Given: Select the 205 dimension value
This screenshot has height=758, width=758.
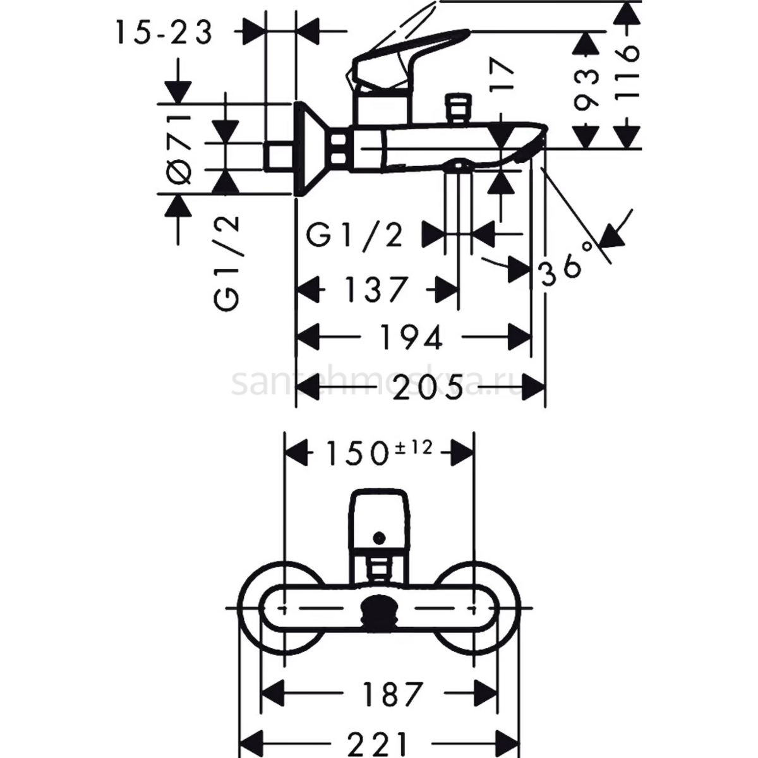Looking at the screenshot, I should pyautogui.click(x=428, y=388).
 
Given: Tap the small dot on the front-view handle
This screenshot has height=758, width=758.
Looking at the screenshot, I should pyautogui.click(x=379, y=538).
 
